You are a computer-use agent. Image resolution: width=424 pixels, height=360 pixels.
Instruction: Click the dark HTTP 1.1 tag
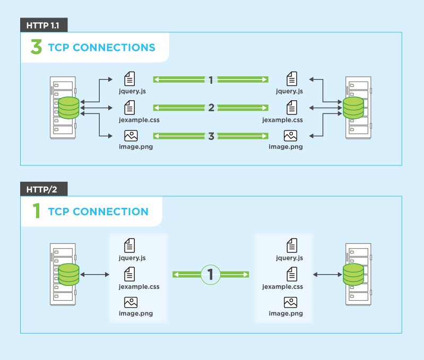(x=44, y=25)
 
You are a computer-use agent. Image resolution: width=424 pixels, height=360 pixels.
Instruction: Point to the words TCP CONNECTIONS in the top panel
(x=101, y=48)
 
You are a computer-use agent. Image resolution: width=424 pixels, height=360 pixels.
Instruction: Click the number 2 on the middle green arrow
(x=211, y=108)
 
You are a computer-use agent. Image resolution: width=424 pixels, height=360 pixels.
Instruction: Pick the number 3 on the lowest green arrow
(x=211, y=136)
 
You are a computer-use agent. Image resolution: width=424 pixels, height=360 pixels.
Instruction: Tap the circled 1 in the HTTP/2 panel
(x=211, y=274)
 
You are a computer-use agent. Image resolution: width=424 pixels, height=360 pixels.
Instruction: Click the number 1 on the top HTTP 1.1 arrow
(x=211, y=80)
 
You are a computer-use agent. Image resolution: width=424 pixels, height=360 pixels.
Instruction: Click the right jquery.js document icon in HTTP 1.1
(x=291, y=79)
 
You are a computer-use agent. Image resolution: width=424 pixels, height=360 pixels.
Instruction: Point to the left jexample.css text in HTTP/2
(x=139, y=286)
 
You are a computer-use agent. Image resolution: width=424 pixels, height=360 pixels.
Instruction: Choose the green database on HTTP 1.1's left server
(x=68, y=108)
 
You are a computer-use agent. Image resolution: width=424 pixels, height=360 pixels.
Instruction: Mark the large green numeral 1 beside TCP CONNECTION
(x=36, y=212)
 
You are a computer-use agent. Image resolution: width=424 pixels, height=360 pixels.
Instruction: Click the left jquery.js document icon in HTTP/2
(x=129, y=245)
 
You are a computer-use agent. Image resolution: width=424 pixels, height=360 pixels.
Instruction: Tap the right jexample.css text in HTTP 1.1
(x=282, y=120)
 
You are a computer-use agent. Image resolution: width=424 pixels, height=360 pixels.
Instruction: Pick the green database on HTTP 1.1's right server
(x=353, y=108)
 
